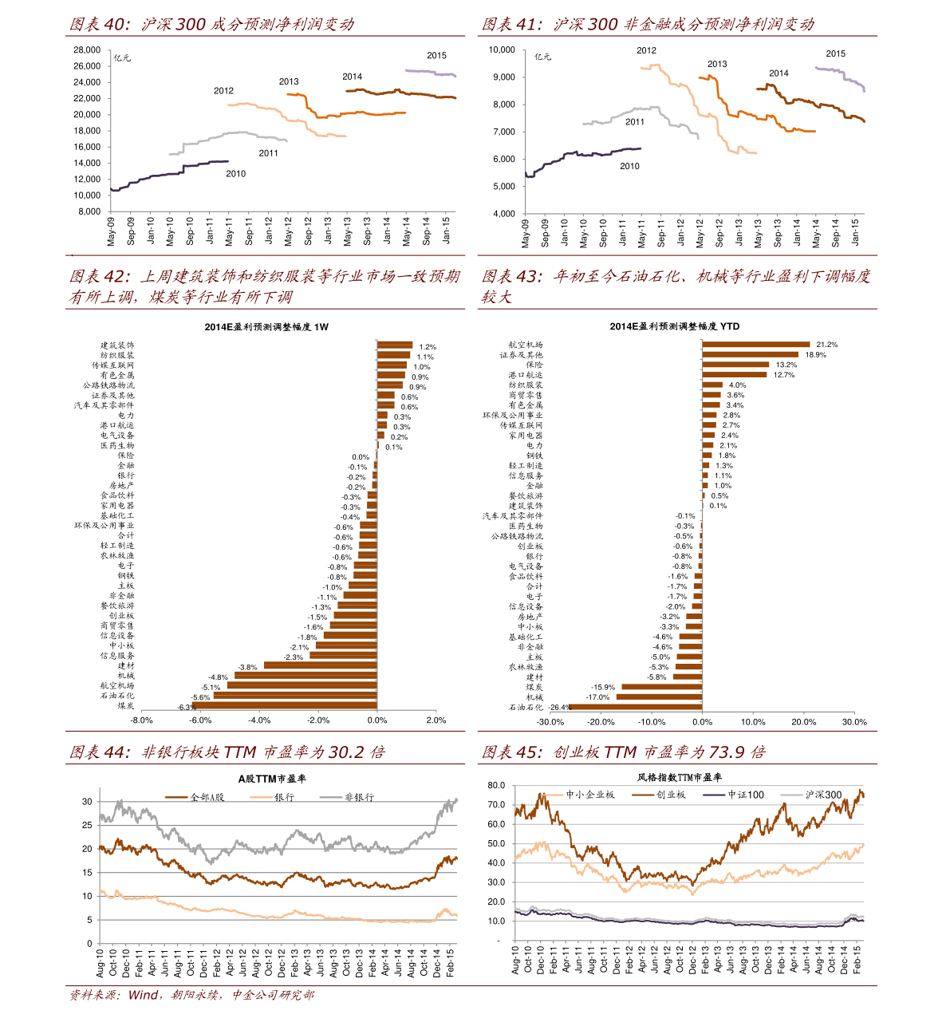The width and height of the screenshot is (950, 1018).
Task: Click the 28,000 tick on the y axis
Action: click(87, 49)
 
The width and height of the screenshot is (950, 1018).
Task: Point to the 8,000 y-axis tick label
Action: click(89, 211)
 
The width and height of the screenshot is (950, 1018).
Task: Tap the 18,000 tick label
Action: click(87, 131)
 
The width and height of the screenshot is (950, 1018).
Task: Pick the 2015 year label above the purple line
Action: click(436, 56)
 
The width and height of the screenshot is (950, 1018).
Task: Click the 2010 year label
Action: click(235, 174)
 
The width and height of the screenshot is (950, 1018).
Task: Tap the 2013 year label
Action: click(289, 81)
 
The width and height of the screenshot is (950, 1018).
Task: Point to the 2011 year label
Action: click(268, 153)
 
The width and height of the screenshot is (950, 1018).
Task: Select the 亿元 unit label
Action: click(122, 57)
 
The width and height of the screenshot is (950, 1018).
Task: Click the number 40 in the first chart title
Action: click(116, 25)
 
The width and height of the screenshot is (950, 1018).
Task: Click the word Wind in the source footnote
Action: click(144, 995)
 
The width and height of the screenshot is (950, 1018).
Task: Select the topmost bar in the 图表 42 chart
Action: click(395, 345)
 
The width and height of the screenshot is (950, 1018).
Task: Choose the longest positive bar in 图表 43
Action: click(756, 345)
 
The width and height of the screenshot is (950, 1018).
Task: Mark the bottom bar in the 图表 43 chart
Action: click(635, 706)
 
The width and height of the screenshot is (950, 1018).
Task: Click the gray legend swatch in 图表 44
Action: click(331, 797)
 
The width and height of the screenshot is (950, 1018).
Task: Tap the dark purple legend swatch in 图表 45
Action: click(714, 795)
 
